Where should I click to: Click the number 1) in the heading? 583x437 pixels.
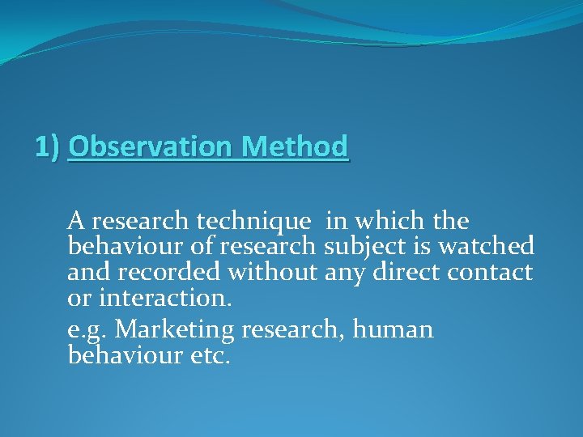click(48, 147)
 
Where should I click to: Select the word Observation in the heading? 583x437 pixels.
click(143, 147)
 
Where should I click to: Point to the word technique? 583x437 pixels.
click(258, 221)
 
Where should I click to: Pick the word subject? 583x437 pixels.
click(364, 246)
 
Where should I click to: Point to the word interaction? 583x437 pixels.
click(165, 299)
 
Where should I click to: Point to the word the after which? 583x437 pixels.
click(450, 220)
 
